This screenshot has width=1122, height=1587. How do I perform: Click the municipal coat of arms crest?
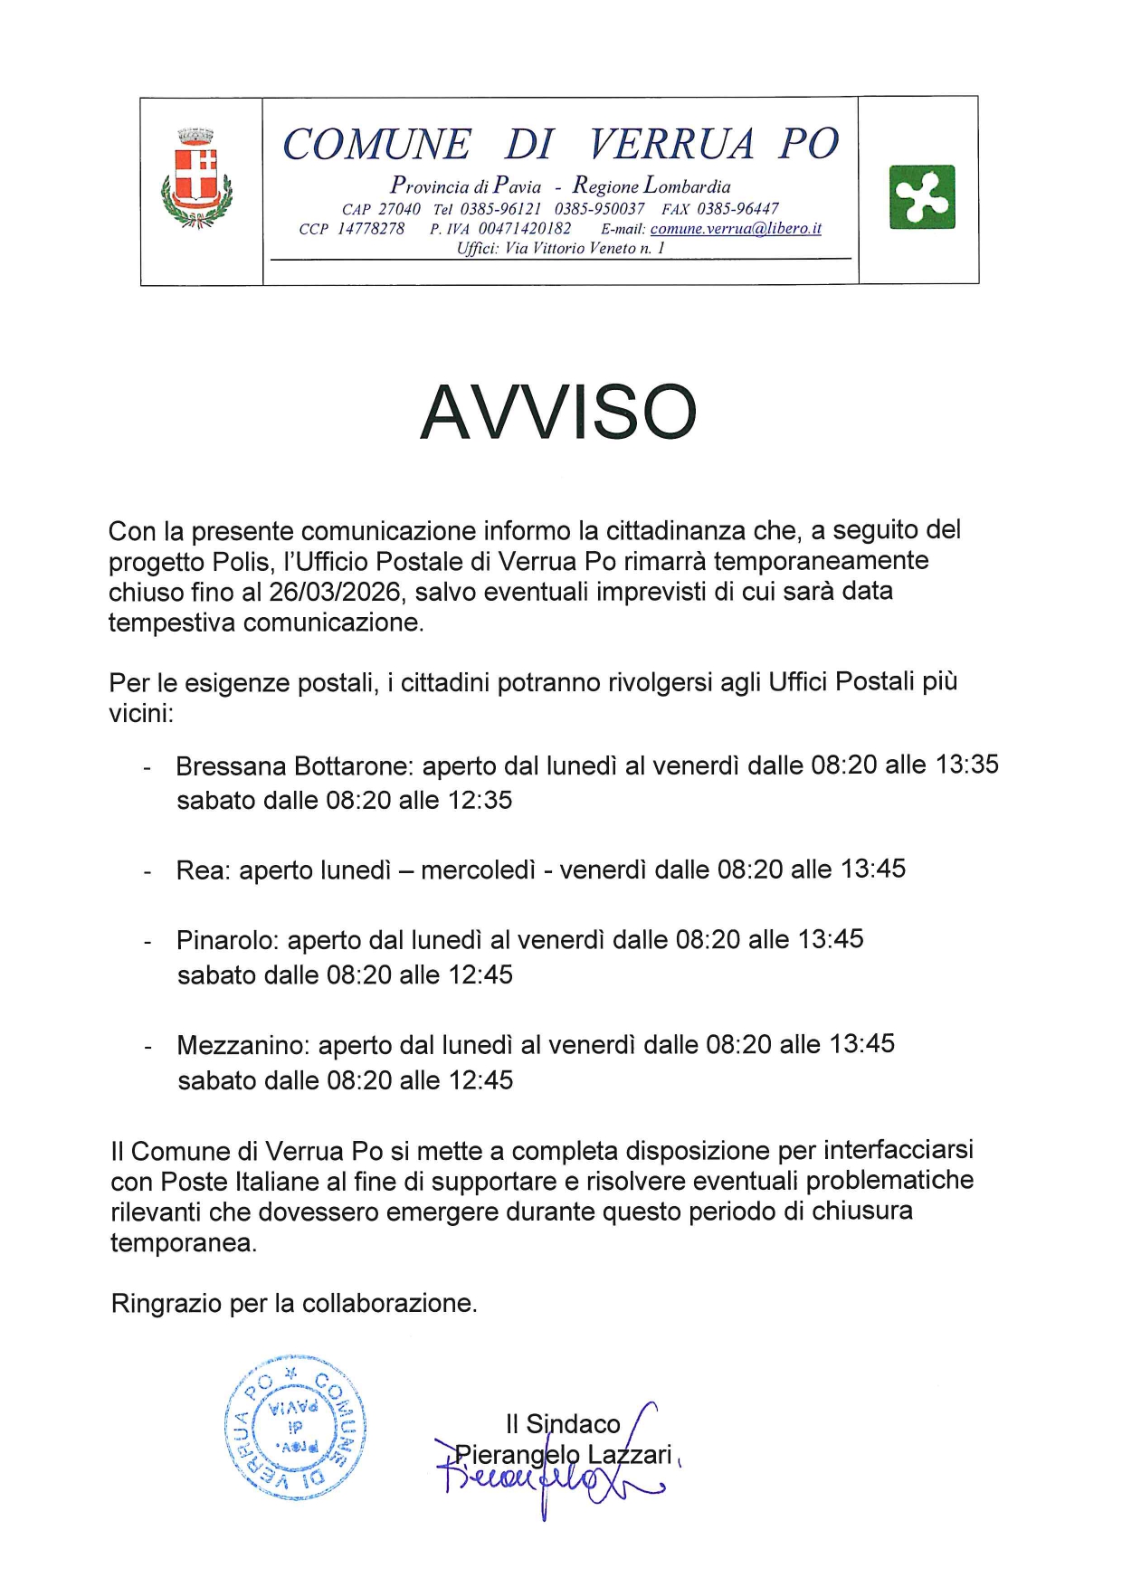coord(198,178)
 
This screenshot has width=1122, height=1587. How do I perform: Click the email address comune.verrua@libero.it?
coord(736,229)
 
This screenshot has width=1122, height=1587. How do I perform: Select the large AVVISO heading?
coord(558,413)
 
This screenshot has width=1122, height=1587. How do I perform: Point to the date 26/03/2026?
coord(334,592)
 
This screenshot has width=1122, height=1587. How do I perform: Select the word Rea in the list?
coord(203,870)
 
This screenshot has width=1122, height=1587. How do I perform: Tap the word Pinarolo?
coord(226,940)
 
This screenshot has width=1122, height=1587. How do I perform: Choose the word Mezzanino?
coord(242,1046)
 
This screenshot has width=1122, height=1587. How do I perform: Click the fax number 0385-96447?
coord(737,209)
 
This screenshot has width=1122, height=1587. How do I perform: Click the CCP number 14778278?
coord(371,229)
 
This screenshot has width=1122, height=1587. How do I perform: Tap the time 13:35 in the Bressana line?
coord(966,765)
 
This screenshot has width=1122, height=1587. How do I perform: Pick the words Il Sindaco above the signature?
coord(563,1424)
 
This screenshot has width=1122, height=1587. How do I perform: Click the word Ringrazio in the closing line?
coord(166,1304)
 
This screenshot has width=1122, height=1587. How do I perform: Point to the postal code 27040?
coord(399,209)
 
